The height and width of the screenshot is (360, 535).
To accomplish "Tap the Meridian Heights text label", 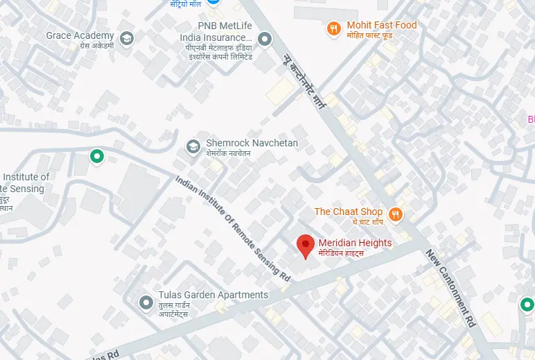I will click(x=355, y=243).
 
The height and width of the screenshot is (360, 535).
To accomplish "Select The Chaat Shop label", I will click(x=349, y=212).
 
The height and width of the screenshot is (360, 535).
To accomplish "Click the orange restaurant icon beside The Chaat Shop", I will click(x=396, y=214).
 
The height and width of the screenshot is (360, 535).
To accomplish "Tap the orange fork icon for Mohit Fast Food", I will click(x=334, y=28).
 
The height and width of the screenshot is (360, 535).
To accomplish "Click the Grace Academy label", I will click(x=80, y=35).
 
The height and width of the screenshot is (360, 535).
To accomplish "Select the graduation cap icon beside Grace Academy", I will click(x=127, y=37).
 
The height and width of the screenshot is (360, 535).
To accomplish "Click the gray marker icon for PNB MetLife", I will click(x=264, y=38).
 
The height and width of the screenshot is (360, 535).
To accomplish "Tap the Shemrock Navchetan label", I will click(x=252, y=143).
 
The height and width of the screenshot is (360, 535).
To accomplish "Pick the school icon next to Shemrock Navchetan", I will click(x=193, y=147).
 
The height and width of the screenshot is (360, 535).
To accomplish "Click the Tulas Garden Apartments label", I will click(x=213, y=295).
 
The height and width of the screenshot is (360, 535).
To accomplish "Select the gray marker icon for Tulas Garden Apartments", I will click(x=146, y=302).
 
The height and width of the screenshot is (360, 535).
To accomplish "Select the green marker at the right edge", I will click(x=527, y=304).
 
